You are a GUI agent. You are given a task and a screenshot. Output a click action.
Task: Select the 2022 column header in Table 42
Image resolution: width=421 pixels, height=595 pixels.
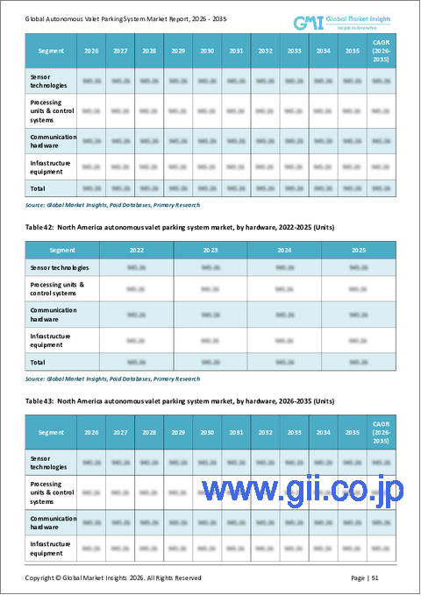[136, 249]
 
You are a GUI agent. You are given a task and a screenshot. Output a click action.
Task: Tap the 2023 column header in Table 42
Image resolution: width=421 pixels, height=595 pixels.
[210, 249]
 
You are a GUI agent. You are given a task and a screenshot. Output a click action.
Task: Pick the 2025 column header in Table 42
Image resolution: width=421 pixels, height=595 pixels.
[358, 249]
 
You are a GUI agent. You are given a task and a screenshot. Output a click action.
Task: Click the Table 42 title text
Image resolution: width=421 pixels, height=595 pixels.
[180, 227]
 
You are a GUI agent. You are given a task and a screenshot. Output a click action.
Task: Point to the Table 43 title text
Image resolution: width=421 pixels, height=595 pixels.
[180, 400]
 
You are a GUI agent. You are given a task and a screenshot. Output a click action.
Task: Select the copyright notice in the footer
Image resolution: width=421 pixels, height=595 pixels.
[113, 577]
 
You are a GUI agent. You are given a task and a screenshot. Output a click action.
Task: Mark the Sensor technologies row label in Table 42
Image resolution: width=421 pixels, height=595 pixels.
[61, 266]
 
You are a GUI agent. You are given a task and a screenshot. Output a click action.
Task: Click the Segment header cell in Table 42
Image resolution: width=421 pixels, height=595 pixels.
[61, 249]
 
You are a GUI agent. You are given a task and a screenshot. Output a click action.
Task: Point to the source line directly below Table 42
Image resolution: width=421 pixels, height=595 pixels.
[111, 379]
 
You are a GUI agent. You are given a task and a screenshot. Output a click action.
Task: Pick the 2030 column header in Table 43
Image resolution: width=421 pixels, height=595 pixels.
[207, 432]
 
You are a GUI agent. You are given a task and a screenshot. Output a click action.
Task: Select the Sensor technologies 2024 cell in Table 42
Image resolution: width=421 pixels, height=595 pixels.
[284, 266]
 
